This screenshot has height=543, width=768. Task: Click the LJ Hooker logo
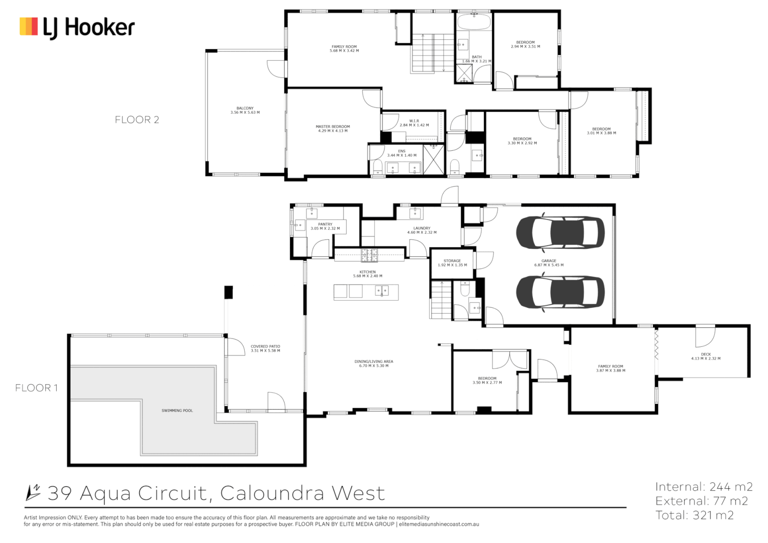[77, 27]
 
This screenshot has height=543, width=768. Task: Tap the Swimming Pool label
[177, 411]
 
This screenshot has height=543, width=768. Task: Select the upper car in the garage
[560, 232]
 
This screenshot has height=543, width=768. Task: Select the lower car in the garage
[560, 292]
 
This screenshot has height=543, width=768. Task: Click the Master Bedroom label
[333, 127]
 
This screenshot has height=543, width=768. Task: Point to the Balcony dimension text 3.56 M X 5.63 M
[245, 113]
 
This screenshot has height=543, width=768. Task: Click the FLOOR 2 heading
[137, 120]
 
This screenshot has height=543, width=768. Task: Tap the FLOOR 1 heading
[36, 388]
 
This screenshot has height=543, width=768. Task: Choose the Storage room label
[452, 261]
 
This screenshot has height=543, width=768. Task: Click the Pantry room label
[325, 224]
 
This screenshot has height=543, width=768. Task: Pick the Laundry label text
[422, 228]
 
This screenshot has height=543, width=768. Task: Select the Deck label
[706, 354]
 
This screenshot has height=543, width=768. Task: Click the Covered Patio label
[265, 346]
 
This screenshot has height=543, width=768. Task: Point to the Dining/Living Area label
[373, 361]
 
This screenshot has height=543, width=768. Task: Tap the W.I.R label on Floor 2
[414, 121]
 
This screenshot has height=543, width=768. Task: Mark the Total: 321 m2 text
[694, 515]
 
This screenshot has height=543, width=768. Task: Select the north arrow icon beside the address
[33, 493]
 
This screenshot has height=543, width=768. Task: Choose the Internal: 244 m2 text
[704, 487]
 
